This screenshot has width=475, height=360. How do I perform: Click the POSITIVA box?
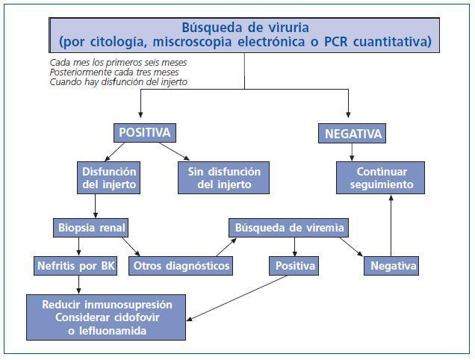coord(145,133)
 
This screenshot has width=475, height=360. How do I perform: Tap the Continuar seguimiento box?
coord(380,177)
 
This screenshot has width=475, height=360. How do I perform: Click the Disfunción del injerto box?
coord(109,177)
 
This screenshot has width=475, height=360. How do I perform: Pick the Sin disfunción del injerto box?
coord(224,177)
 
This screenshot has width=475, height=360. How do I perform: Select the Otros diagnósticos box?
coord(180,265)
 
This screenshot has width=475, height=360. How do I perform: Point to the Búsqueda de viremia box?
coord(291,226)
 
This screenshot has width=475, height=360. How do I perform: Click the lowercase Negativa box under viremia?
coord(391,265)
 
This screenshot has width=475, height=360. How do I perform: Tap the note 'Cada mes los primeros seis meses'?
coord(118,62)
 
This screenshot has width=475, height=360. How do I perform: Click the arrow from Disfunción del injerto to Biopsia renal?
coord(95,206)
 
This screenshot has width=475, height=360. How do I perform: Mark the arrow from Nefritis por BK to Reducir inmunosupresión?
coord(80,285)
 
